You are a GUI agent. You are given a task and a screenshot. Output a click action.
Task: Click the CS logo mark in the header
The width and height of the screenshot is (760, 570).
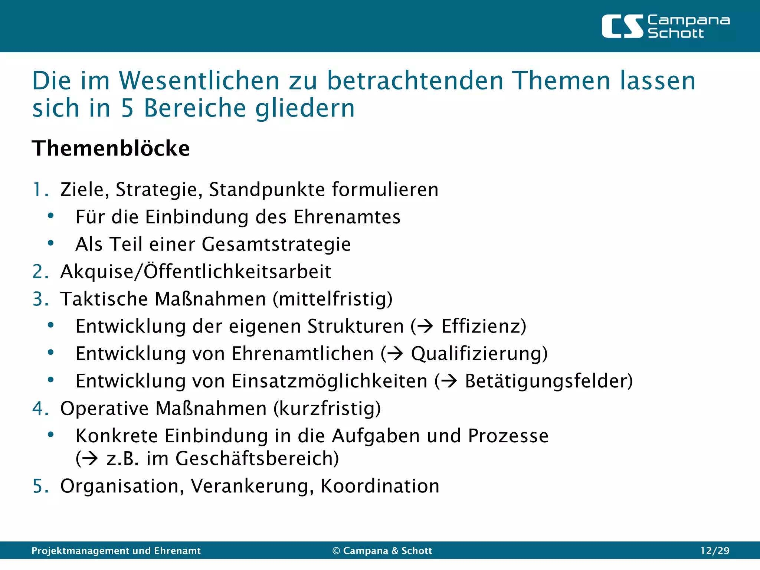pyautogui.click(x=622, y=26)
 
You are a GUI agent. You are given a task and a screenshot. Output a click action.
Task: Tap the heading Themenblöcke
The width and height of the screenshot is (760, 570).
pyautogui.click(x=111, y=148)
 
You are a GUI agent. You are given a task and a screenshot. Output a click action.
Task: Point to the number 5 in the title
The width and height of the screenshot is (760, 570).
pyautogui.click(x=127, y=108)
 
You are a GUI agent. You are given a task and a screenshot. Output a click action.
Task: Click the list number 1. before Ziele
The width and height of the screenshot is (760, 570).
pyautogui.click(x=40, y=190)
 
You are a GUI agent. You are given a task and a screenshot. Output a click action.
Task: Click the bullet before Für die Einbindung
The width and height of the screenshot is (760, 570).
pyautogui.click(x=51, y=216)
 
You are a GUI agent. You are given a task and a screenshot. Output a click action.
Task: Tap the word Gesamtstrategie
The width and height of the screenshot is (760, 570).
pyautogui.click(x=276, y=245)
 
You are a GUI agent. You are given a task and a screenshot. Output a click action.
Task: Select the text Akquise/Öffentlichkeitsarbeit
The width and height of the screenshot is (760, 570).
pyautogui.click(x=196, y=272)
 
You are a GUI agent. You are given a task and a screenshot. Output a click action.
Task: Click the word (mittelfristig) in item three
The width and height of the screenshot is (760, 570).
pyautogui.click(x=332, y=299)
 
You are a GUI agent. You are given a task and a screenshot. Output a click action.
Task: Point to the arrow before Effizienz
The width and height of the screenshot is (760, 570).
pyautogui.click(x=425, y=327)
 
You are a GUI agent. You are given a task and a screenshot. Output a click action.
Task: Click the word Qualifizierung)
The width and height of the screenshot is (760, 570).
pyautogui.click(x=479, y=354)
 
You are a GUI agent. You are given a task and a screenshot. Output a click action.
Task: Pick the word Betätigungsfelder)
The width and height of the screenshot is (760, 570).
pyautogui.click(x=548, y=381)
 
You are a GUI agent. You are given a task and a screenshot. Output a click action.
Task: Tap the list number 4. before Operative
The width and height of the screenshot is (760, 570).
pyautogui.click(x=40, y=409)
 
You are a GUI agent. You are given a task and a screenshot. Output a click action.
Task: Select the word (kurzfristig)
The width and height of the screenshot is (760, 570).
pyautogui.click(x=327, y=409)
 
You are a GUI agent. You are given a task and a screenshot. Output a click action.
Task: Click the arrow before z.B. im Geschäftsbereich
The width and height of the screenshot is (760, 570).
pyautogui.click(x=90, y=459)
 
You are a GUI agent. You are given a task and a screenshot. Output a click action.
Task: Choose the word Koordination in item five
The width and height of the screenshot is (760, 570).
pyautogui.click(x=380, y=486)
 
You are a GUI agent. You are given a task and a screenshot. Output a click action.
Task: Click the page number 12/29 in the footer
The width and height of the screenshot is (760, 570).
pyautogui.click(x=714, y=551)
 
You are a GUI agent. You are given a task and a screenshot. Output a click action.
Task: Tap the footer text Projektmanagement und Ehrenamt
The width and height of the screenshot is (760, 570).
pyautogui.click(x=116, y=551)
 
